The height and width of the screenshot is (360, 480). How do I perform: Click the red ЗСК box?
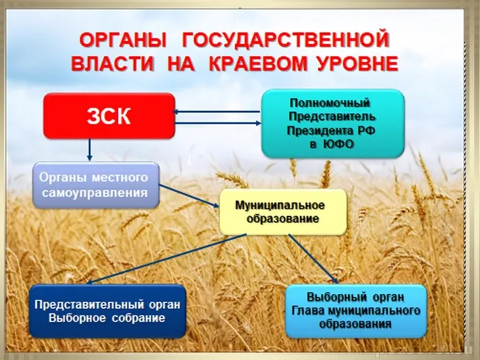pos(108,116)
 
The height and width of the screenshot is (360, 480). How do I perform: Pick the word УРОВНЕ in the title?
pos(360,64)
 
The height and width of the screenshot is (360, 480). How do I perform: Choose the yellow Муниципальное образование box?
pos(283,212)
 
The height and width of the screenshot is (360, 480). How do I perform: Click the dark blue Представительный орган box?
pos(108,311)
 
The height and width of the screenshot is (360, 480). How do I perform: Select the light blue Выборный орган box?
pos(355,311)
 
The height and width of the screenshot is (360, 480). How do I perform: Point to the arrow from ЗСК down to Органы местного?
pos(90,149)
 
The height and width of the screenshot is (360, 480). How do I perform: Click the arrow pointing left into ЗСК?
pos(216,112)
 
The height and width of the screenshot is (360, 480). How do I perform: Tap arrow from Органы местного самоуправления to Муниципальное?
pos(189,195)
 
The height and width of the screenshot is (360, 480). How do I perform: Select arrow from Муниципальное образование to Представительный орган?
pos(165,259)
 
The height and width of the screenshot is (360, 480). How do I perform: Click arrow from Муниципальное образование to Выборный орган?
pos(313,259)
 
